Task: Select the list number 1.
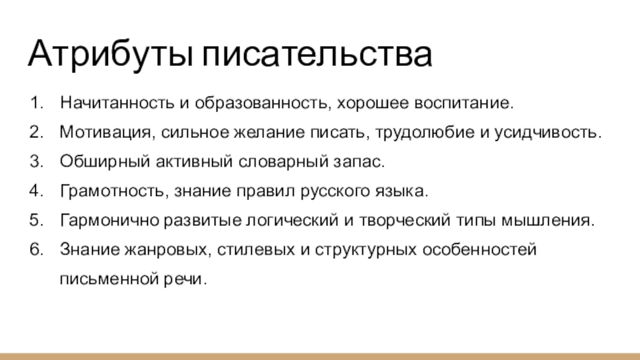37,104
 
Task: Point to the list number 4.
37,192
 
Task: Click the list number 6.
37,250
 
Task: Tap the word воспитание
469,104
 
